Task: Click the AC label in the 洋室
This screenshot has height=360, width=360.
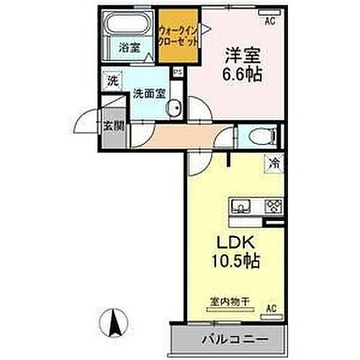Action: pyautogui.click(x=271, y=21)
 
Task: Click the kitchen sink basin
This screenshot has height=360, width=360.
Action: pyautogui.click(x=240, y=206)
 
